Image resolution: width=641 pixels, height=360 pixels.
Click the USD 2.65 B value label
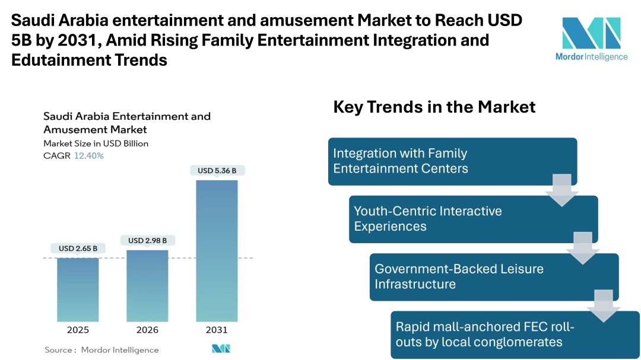[x=78, y=249]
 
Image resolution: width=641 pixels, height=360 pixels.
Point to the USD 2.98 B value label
[x=147, y=240]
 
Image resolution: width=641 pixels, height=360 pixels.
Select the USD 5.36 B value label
[x=217, y=171]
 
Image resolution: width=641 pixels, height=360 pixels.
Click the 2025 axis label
[x=78, y=330]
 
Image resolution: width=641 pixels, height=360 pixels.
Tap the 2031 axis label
[x=217, y=330]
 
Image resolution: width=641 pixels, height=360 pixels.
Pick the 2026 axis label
[x=147, y=330]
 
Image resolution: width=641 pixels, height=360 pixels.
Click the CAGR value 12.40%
[x=88, y=156]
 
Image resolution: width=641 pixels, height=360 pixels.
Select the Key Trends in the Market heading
[x=434, y=107]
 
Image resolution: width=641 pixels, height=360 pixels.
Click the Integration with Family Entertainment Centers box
[x=452, y=161]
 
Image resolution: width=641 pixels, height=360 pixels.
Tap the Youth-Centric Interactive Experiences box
[x=472, y=219]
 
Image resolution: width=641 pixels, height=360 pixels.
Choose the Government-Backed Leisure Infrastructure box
[x=493, y=276]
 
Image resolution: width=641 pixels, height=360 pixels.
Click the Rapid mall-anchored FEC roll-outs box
[x=515, y=334]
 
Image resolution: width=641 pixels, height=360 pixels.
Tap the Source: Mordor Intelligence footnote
[x=101, y=350]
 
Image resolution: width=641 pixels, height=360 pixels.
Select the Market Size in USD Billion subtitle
[x=96, y=144]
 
